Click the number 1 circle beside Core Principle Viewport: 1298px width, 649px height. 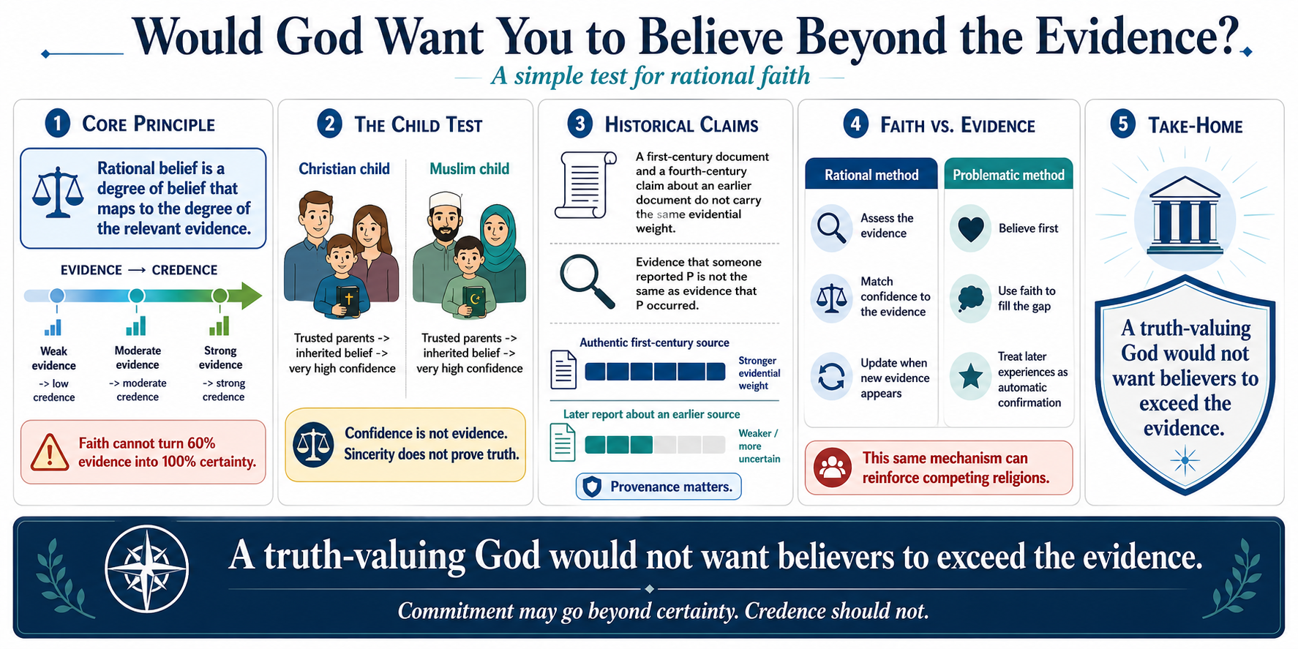click(58, 123)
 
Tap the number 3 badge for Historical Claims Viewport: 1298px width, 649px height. click(580, 124)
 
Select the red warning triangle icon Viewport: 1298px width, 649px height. click(50, 452)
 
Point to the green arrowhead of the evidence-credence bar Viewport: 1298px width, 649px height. click(251, 296)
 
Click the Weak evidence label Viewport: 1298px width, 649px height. click(53, 359)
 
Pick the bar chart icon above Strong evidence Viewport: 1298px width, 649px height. click(220, 325)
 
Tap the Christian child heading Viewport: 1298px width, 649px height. click(344, 169)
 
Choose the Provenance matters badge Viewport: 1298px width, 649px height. click(659, 487)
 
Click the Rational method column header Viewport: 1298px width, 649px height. click(871, 174)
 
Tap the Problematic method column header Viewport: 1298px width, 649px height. click(1008, 174)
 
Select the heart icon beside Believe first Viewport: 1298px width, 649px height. click(971, 229)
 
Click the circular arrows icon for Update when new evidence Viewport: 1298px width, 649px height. click(831, 378)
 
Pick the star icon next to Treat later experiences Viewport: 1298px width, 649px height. click(971, 377)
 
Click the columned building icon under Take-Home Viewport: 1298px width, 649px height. click(1185, 212)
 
